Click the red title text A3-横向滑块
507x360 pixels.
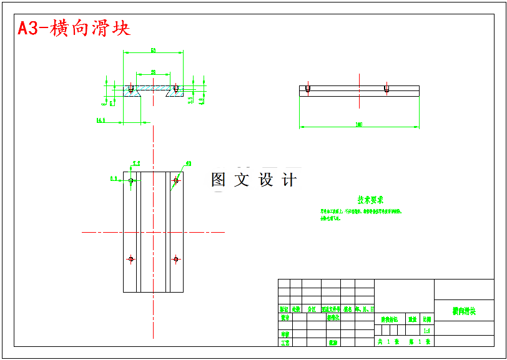tap(74, 28)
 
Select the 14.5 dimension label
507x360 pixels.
tap(101, 120)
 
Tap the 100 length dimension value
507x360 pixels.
tap(358, 125)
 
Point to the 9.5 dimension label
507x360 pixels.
tap(190, 100)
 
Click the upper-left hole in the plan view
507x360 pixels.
tap(131, 181)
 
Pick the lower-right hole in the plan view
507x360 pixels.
tap(176, 259)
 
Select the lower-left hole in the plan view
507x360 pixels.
tap(131, 259)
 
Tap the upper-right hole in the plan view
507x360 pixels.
tap(176, 181)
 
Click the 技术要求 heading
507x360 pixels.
tap(370, 200)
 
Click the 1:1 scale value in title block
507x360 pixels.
tap(426, 331)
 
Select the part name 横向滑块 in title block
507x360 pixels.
tap(464, 311)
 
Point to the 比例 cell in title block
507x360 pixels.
tap(426, 319)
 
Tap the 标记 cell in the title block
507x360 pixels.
tap(284, 309)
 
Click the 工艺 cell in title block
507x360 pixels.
tap(285, 343)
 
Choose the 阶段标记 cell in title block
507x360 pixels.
tap(390, 319)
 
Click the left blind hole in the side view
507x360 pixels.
tap(308, 89)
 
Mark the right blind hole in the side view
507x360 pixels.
tap(387, 89)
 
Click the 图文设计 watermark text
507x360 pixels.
tap(254, 180)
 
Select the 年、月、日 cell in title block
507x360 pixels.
tap(365, 309)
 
